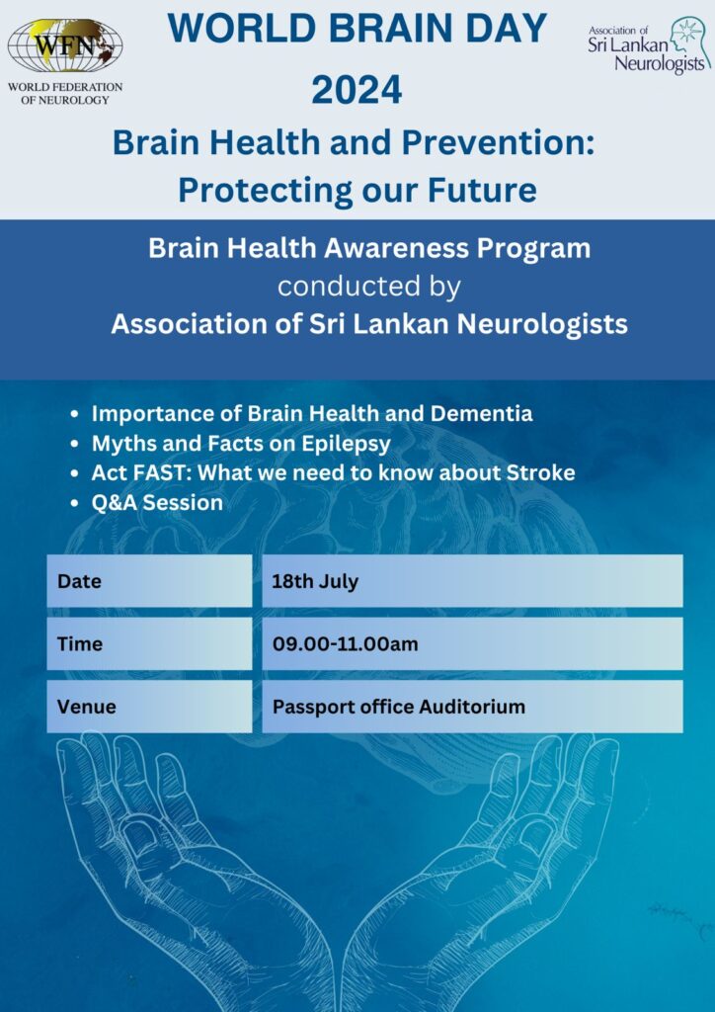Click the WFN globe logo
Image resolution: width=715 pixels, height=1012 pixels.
64,45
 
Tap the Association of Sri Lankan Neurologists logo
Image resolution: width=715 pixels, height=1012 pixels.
649,45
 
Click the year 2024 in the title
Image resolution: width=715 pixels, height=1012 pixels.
357,90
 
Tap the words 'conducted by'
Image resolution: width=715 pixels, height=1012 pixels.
369,287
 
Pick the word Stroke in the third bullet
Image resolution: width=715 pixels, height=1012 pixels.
539,473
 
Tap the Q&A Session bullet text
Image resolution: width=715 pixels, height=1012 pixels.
157,503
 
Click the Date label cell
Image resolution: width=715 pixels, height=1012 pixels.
149,581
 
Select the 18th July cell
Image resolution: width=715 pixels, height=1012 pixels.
472,581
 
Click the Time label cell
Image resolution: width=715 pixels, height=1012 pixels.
149,643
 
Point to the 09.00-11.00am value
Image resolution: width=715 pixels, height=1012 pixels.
345,643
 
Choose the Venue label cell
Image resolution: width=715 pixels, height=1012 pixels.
149,706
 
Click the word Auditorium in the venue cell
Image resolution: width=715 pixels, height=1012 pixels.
472,706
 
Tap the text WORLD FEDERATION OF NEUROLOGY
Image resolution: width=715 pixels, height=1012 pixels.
65,93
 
